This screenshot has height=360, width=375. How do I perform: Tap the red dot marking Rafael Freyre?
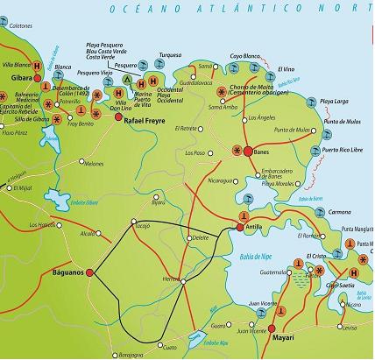pyautogui.click(x=117, y=113)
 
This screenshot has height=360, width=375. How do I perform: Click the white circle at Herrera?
pyautogui.click(x=182, y=280)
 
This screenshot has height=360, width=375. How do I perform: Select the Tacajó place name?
pyautogui.click(x=143, y=225)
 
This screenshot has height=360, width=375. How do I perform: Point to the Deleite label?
pyautogui.click(x=200, y=237)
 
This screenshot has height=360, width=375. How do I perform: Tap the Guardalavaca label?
pyautogui.click(x=190, y=82)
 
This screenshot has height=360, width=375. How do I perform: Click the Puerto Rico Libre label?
pyautogui.click(x=343, y=150)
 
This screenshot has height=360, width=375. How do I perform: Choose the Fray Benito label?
pyautogui.click(x=79, y=124)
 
